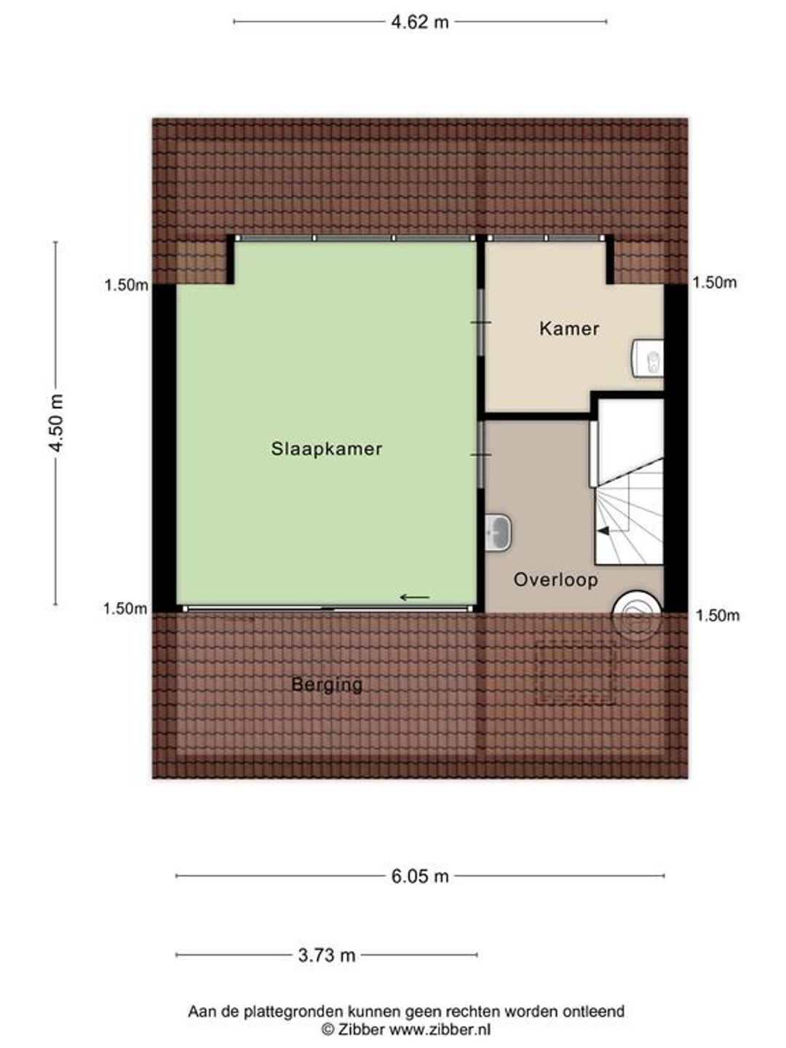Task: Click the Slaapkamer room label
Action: point(327,449)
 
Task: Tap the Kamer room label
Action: point(569,328)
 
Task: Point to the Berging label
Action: point(327,685)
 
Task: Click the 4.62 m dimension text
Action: point(420,22)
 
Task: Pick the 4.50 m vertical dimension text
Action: point(56,423)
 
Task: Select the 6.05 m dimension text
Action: point(420,876)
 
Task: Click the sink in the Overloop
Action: point(498,532)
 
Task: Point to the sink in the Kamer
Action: point(648,358)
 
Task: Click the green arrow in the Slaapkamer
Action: point(415,598)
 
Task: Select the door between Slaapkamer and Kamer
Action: point(481,322)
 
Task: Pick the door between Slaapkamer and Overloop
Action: point(481,455)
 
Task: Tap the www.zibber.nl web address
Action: point(440,1030)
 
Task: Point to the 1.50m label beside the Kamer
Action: point(715,282)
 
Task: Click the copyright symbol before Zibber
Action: point(327,1030)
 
